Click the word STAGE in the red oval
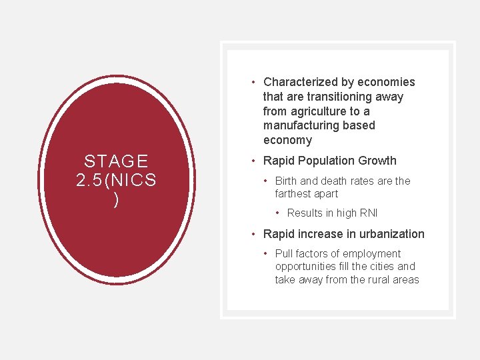[x=116, y=161]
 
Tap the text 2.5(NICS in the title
[x=116, y=181]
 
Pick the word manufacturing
[x=303, y=125]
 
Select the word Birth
[x=287, y=181]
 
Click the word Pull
[x=285, y=253]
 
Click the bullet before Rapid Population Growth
[x=253, y=161]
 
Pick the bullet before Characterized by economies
[x=253, y=82]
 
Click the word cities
[x=380, y=267]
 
